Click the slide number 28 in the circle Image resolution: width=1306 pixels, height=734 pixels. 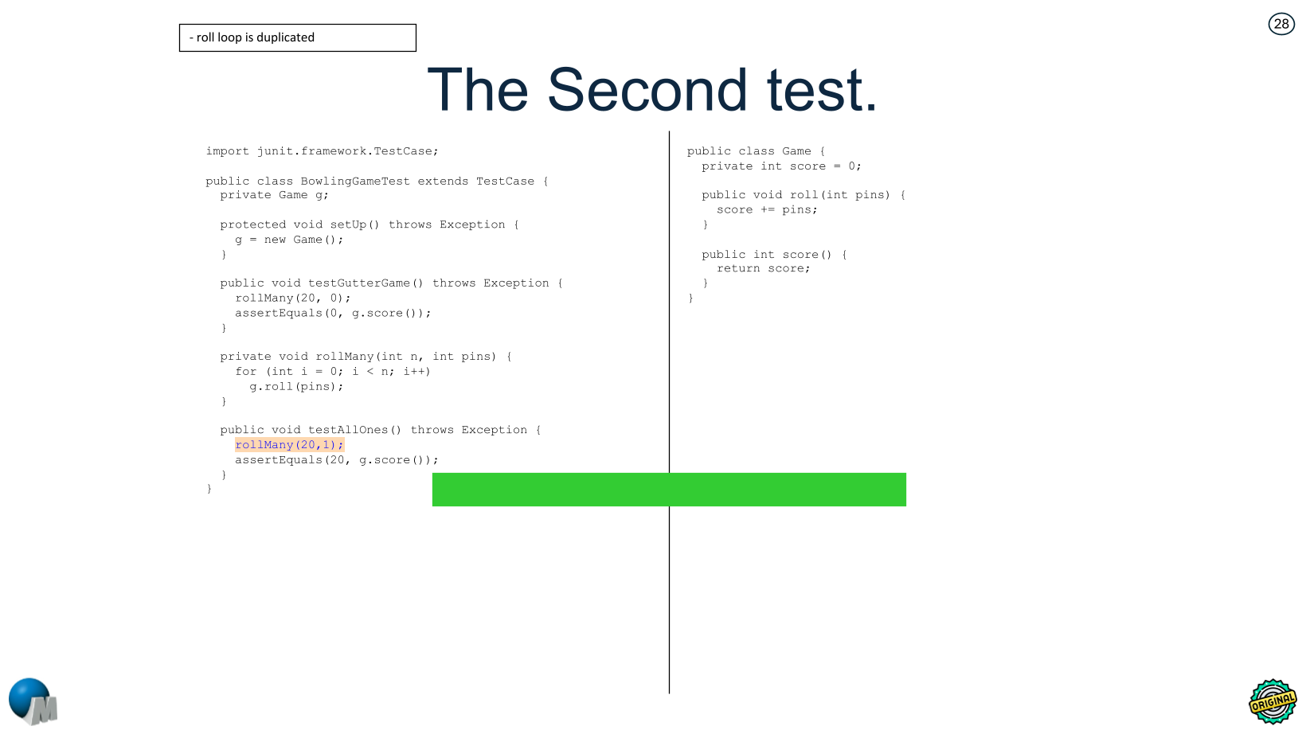click(1281, 25)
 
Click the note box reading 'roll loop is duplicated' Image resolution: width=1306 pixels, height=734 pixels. click(297, 37)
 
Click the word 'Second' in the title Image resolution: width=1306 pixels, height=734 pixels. click(647, 90)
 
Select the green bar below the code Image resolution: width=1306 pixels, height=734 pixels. click(669, 490)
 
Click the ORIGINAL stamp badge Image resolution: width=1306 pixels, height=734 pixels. click(1273, 701)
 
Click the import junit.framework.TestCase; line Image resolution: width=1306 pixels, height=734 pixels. click(322, 151)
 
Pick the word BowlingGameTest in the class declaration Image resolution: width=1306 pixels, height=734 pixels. click(355, 182)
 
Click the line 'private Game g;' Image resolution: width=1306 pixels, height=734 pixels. click(274, 195)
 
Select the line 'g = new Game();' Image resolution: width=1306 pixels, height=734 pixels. click(289, 240)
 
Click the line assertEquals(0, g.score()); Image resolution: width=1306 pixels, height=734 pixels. click(333, 314)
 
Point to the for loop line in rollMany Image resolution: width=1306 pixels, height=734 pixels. click(332, 372)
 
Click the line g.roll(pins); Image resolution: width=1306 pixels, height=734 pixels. click(296, 387)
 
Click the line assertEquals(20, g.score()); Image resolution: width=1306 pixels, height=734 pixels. click(336, 460)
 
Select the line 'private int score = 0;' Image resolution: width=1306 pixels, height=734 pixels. click(780, 166)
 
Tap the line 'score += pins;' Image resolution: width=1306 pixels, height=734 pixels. click(766, 210)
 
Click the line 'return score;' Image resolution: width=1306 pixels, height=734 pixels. click(763, 269)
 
